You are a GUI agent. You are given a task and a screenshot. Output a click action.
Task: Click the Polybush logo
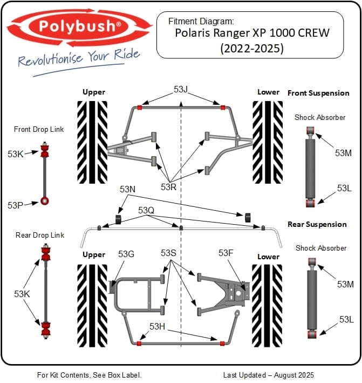pyautogui.click(x=79, y=26)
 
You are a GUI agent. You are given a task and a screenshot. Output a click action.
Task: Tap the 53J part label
pyautogui.click(x=181, y=89)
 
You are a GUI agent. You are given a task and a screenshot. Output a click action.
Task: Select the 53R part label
pyautogui.click(x=168, y=187)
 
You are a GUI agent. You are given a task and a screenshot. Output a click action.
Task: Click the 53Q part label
pyautogui.click(x=146, y=210)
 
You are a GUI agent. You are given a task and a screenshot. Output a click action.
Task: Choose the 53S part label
pyautogui.click(x=168, y=253)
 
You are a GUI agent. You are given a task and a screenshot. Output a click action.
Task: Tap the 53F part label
pyautogui.click(x=226, y=253)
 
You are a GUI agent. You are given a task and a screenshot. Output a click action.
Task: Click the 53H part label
pyautogui.click(x=157, y=326)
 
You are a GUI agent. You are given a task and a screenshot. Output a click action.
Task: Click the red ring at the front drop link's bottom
pyautogui.click(x=45, y=201)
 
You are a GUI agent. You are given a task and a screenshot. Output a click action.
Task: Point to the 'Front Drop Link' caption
pyautogui.click(x=39, y=129)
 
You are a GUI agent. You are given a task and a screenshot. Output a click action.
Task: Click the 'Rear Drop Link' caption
pyautogui.click(x=39, y=235)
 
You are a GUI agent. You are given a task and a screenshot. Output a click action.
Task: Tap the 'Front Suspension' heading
pyautogui.click(x=318, y=93)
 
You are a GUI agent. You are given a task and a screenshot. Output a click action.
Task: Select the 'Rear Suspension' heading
pyautogui.click(x=317, y=224)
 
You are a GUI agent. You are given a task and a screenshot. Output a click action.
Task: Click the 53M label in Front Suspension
pyautogui.click(x=343, y=153)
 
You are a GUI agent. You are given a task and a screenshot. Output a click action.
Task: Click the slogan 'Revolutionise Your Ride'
pyautogui.click(x=79, y=58)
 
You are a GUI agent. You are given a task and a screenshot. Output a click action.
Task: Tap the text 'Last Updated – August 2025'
pyautogui.click(x=268, y=374)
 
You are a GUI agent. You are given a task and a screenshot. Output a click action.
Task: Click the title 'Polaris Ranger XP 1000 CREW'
pyautogui.click(x=252, y=32)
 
